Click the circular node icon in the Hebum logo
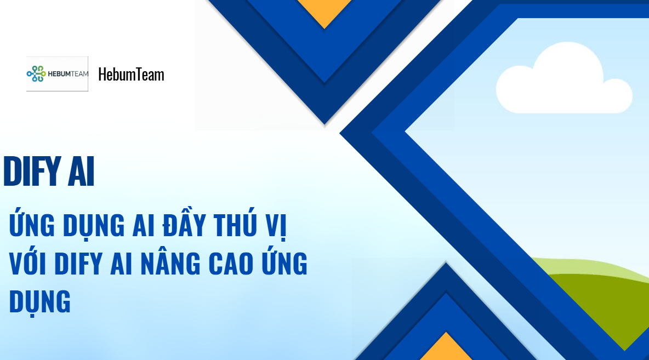36,74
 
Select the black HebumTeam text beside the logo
131,75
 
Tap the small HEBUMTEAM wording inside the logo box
68,74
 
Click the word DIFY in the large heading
32,172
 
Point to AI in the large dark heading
81,172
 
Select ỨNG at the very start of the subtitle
32,224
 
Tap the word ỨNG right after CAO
284,261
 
